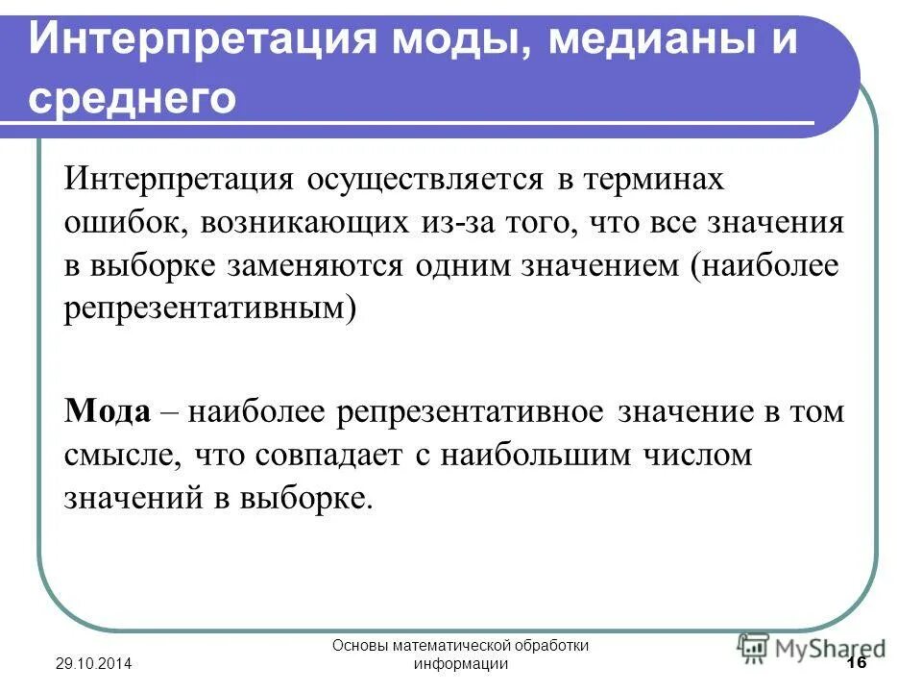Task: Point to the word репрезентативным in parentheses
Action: click(209, 309)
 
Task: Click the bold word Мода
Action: click(108, 411)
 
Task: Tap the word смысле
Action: click(124, 455)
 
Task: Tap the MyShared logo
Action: click(812, 646)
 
